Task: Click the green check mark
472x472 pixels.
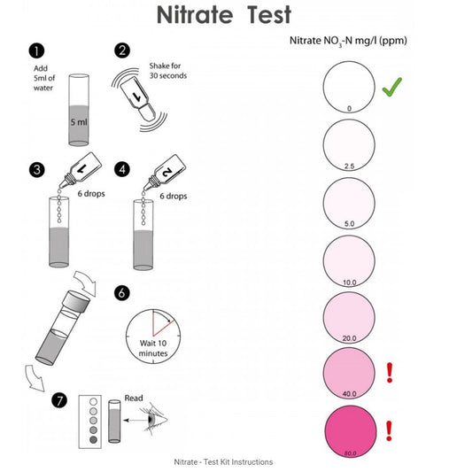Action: [x=392, y=87]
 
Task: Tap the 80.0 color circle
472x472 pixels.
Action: [x=351, y=431]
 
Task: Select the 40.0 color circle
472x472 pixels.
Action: [x=349, y=374]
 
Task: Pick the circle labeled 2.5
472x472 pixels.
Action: [x=349, y=145]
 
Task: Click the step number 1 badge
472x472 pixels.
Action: [x=36, y=50]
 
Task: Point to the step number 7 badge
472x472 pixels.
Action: [x=59, y=400]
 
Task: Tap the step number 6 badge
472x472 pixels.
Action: [x=122, y=292]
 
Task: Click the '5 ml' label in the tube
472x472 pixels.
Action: [x=79, y=122]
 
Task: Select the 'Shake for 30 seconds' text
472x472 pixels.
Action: [x=168, y=71]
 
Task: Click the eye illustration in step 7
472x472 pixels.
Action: [x=153, y=420]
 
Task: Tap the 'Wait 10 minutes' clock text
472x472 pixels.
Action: [x=153, y=348]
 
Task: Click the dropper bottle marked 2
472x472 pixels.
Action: [x=165, y=173]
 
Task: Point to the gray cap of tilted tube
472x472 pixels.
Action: [x=76, y=300]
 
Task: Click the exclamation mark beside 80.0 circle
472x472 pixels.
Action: [x=389, y=431]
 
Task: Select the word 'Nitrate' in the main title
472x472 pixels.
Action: [x=195, y=15]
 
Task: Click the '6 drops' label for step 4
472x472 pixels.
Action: [x=173, y=196]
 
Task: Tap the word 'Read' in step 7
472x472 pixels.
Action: [x=134, y=398]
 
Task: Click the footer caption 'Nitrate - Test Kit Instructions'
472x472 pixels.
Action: [x=223, y=461]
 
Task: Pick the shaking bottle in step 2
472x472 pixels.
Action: [x=138, y=98]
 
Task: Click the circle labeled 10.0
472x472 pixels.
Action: [x=349, y=261]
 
